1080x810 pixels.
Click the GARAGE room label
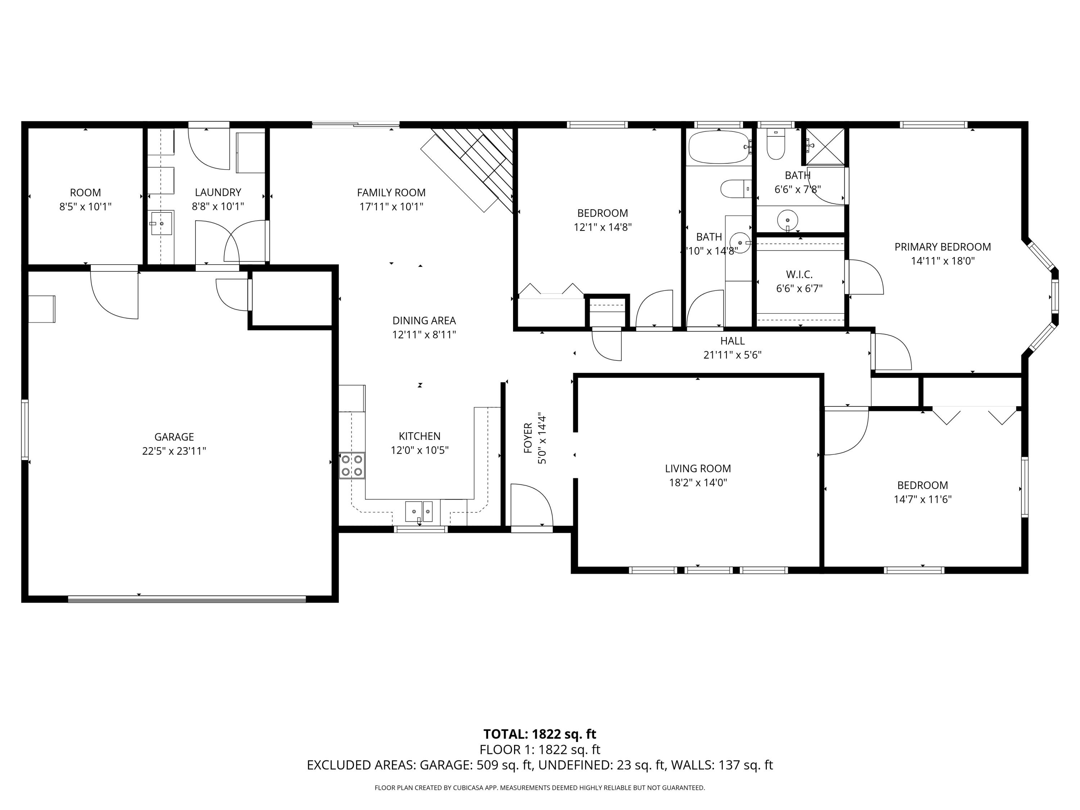tap(174, 437)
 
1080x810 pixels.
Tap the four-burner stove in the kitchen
tap(352, 465)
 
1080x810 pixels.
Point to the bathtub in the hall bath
tap(718, 147)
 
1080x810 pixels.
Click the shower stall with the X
tap(824, 146)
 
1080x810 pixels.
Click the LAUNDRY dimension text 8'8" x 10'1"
tap(218, 207)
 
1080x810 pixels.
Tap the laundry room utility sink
tap(161, 223)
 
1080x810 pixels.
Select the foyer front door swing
tap(531, 505)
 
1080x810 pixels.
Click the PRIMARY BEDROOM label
tap(942, 247)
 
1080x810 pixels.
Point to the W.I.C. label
tap(799, 274)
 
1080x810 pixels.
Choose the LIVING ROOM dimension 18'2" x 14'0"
tap(698, 483)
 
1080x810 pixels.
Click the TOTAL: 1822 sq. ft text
tap(540, 734)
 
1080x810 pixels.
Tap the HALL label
tap(732, 341)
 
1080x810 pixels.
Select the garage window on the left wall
tap(24, 429)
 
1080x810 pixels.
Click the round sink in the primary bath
tap(787, 219)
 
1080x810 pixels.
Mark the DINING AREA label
tap(424, 321)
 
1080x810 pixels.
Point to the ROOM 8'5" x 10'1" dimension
tap(85, 207)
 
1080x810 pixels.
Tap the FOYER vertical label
tap(528, 438)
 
